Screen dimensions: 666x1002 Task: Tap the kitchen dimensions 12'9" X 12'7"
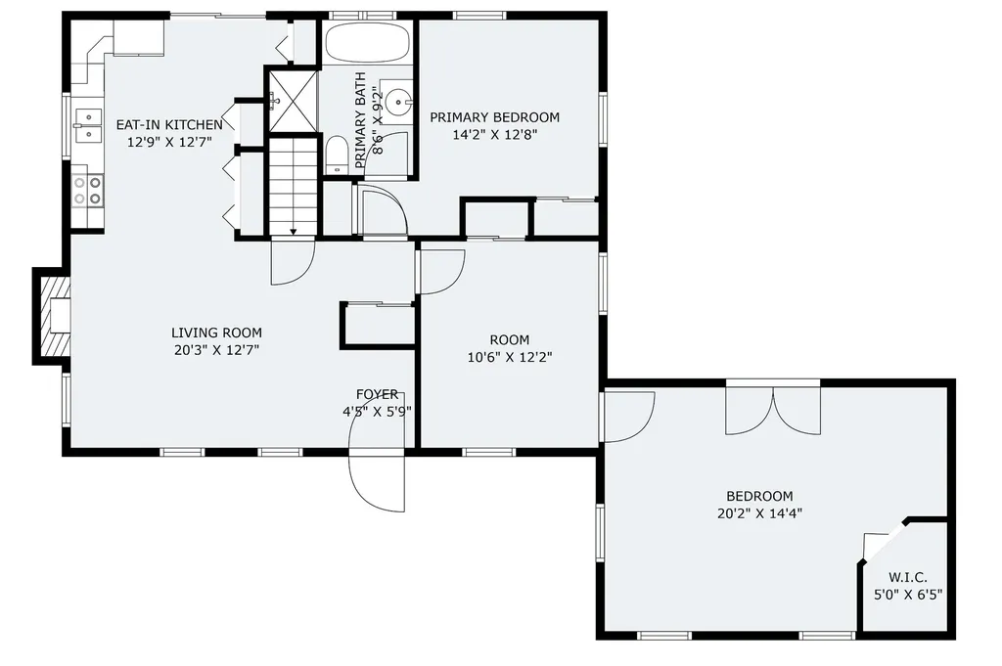pos(170,142)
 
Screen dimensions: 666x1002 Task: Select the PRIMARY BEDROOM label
pos(495,117)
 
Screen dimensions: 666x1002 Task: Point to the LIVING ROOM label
pos(216,333)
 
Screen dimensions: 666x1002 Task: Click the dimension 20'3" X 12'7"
pos(216,349)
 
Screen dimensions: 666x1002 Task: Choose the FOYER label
pos(377,394)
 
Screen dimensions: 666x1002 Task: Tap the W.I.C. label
pos(908,577)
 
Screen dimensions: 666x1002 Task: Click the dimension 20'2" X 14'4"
pos(759,512)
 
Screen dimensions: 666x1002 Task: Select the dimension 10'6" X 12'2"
pos(510,358)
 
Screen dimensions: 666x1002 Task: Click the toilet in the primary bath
pos(336,155)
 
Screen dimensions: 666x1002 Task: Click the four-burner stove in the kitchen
pos(88,190)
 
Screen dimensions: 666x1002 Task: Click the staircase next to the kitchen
pos(294,186)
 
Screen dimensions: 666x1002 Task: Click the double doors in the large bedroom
pos(773,409)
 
